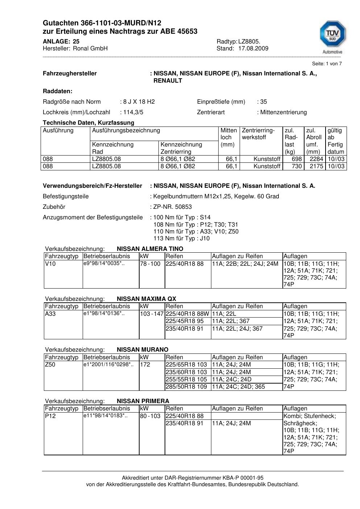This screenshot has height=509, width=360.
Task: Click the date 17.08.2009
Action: point(253,49)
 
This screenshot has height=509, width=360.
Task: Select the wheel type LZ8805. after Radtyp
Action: point(249,41)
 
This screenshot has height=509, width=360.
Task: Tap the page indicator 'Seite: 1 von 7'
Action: point(327,64)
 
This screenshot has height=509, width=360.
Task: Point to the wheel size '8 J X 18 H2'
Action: point(139,102)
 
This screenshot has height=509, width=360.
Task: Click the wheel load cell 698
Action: point(297,159)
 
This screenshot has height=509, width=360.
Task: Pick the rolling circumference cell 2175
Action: point(316,166)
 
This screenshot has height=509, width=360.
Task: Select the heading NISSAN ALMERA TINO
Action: point(150,249)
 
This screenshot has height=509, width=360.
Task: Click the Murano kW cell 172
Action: point(145,365)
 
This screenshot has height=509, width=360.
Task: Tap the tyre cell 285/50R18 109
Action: point(186,387)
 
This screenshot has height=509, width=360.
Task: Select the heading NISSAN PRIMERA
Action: point(143,401)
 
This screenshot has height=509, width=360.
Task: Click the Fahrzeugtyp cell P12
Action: point(50,416)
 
